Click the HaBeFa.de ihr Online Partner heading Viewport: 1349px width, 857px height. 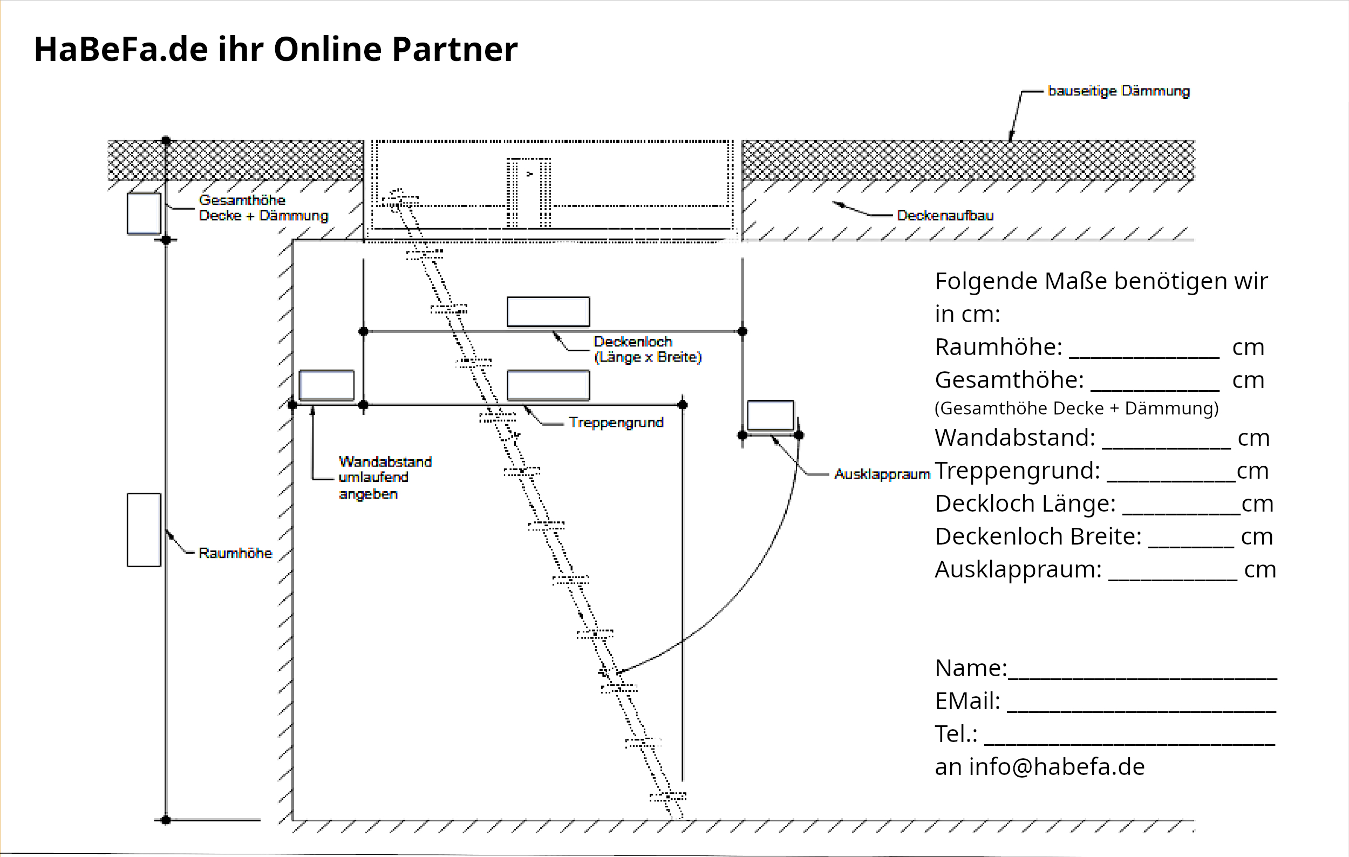point(275,49)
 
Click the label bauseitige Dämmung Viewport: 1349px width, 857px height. point(1118,91)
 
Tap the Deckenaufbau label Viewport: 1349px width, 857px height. point(944,215)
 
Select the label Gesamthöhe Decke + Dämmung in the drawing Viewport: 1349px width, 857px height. point(263,208)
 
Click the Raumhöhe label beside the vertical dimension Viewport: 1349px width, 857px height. point(235,553)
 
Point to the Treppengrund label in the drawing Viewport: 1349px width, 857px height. point(616,423)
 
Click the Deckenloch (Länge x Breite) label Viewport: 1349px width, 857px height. point(647,350)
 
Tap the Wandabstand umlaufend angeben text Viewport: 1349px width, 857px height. point(384,477)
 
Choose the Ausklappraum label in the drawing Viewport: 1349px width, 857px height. point(882,474)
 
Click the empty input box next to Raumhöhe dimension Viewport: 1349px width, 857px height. point(144,530)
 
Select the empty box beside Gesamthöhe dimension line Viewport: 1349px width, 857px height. point(144,213)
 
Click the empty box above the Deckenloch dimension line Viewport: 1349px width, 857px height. point(548,311)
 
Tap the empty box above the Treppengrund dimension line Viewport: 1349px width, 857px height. point(548,385)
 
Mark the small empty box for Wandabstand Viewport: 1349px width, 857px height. point(326,385)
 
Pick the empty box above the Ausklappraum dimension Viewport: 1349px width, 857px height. point(771,415)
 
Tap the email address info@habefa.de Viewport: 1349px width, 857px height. point(1057,767)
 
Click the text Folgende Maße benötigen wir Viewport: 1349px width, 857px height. point(1100,281)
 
